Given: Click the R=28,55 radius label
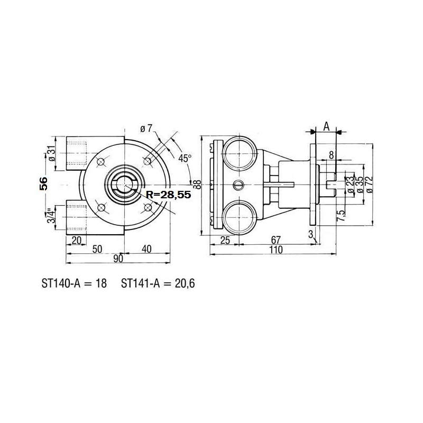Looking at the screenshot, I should pos(167,195).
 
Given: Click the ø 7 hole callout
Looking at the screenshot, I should pos(146,128).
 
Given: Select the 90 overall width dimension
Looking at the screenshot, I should pos(117,258).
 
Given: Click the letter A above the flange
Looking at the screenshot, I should pos(326,126).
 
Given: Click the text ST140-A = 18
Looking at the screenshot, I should pos(74,283).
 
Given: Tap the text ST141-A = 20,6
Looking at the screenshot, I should pos(158,283).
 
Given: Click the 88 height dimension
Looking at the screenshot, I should pos(197,183).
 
